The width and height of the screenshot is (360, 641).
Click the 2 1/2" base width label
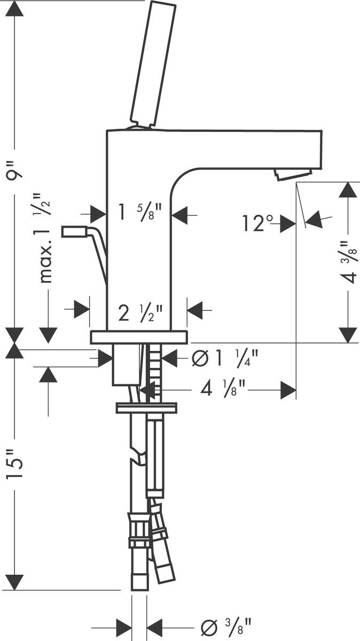138,311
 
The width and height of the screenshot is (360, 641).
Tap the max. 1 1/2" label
48,238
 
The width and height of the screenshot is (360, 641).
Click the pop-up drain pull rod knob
74,231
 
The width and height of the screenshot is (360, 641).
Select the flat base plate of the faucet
139,337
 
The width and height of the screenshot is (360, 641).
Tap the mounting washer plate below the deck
146,408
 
